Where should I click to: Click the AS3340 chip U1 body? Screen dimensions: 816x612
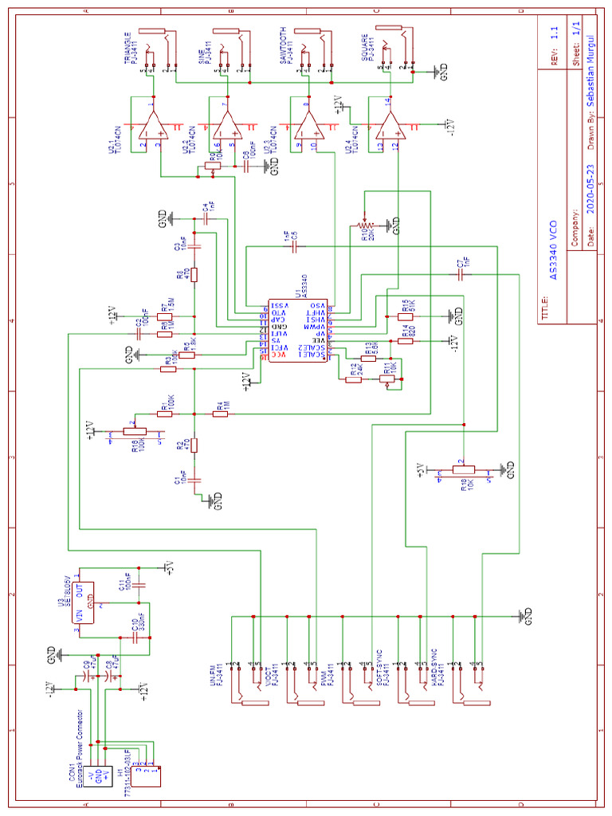pyautogui.click(x=296, y=331)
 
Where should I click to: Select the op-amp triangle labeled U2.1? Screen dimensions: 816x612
pyautogui.click(x=151, y=124)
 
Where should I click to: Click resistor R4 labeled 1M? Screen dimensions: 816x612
pyautogui.click(x=219, y=414)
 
